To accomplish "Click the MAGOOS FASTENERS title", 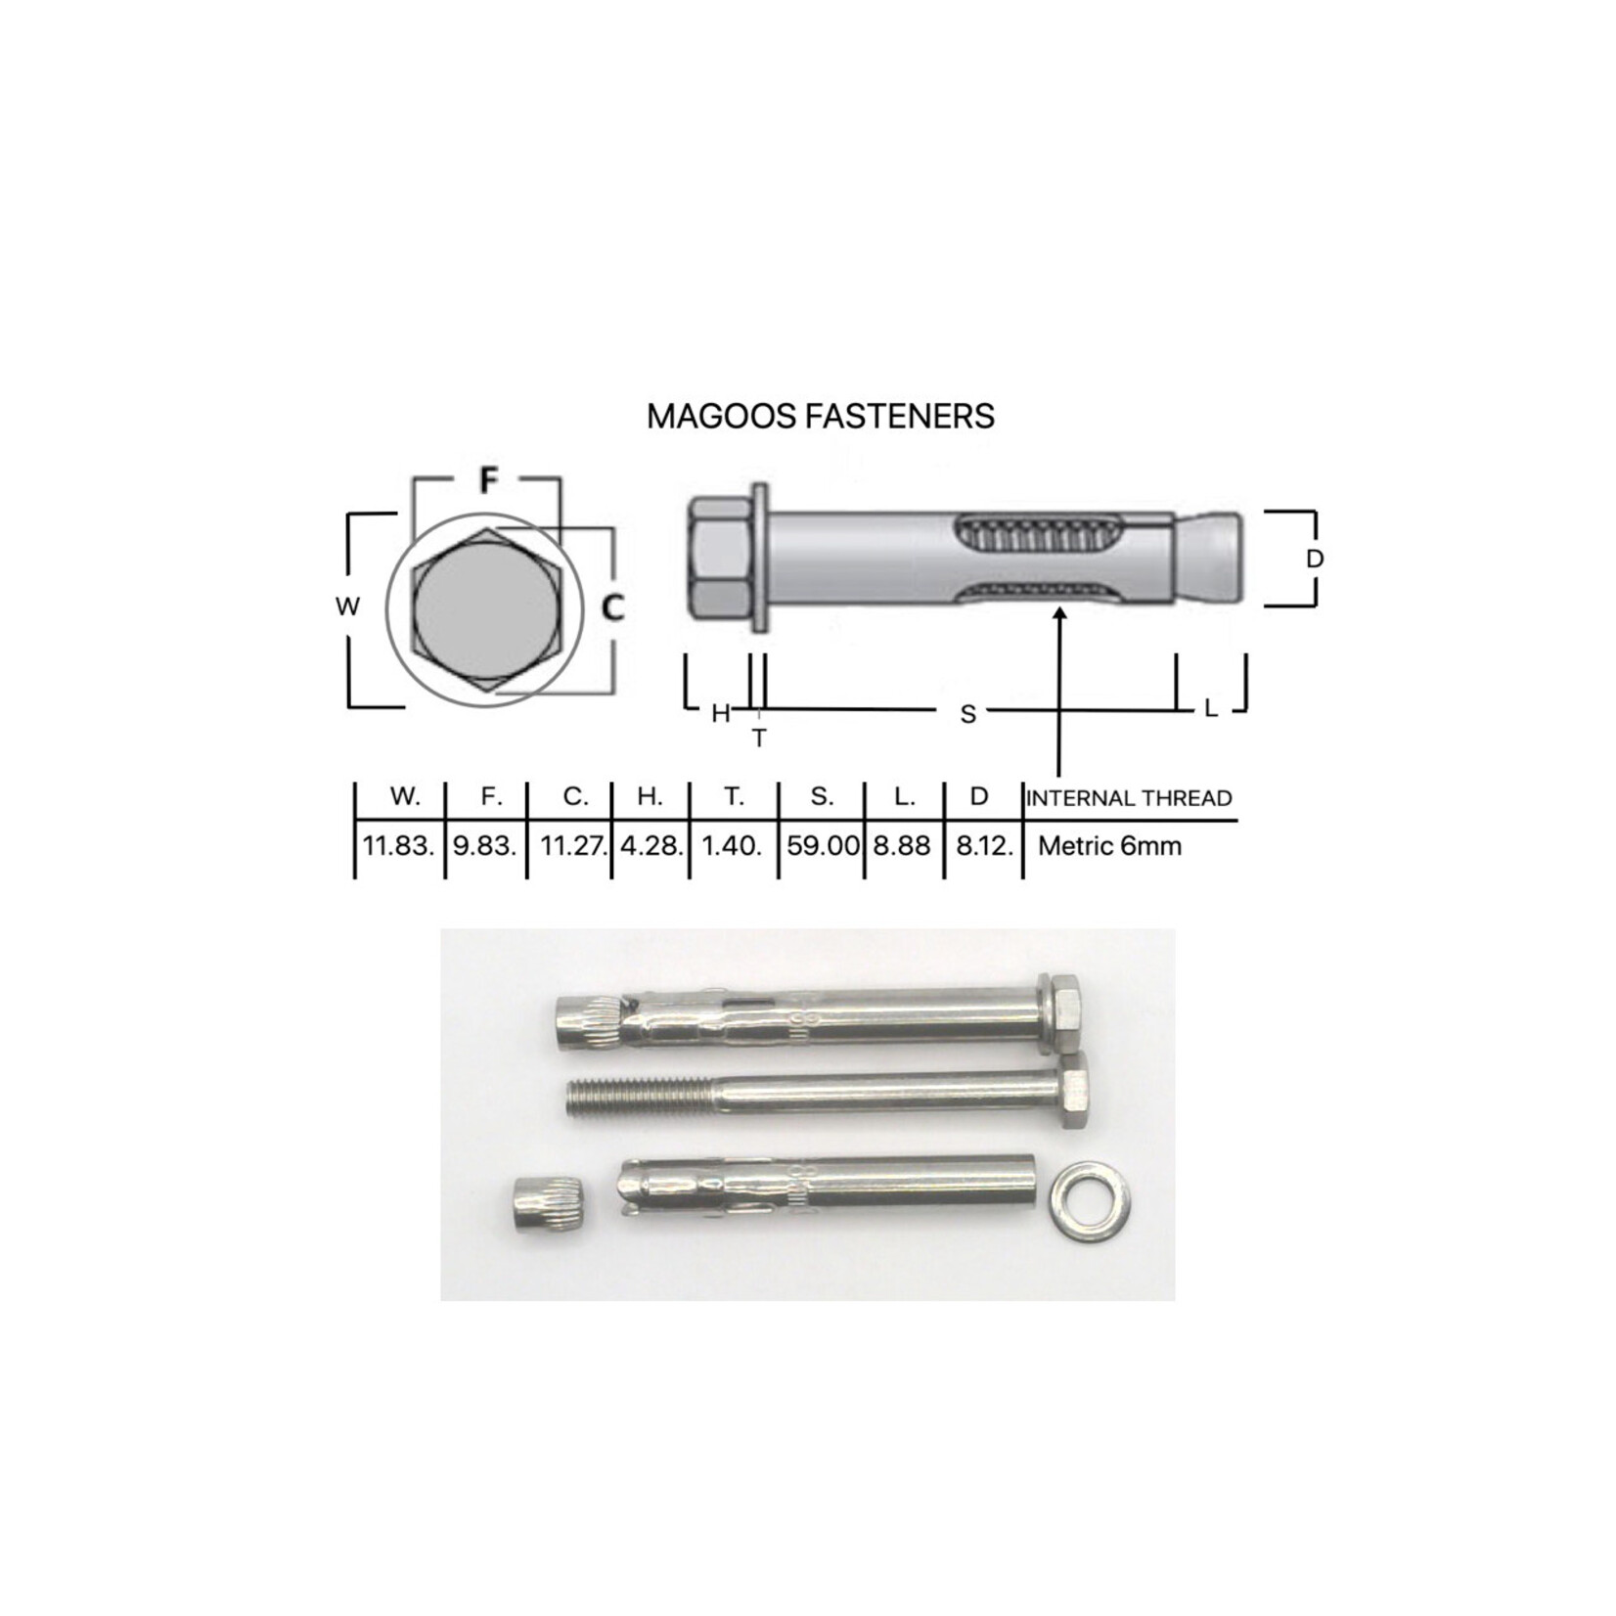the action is pyautogui.click(x=821, y=416).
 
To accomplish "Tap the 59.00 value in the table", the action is pyautogui.click(x=823, y=845).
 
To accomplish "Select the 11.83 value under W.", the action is pyautogui.click(x=398, y=845).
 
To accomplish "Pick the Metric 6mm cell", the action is pyautogui.click(x=1109, y=845).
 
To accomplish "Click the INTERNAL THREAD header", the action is pyautogui.click(x=1129, y=798).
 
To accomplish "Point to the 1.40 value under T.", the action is pyautogui.click(x=732, y=845).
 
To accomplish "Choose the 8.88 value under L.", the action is pyautogui.click(x=902, y=845).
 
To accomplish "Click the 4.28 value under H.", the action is pyautogui.click(x=651, y=845).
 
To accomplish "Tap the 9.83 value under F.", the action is pyautogui.click(x=485, y=845).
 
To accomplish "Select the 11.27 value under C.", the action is pyautogui.click(x=575, y=845).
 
